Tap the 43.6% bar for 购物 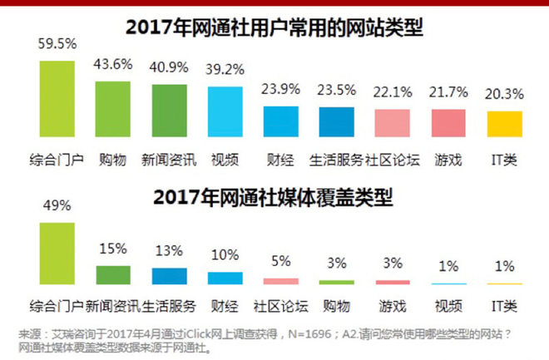tap(112, 108)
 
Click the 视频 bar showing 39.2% tap(225, 111)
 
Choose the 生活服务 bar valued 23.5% tap(336, 121)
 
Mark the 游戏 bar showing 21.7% tap(448, 122)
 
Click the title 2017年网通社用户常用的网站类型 tap(274, 27)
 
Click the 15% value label tap(112, 248)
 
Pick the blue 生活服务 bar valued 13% tap(169, 276)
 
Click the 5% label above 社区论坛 tap(280, 264)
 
